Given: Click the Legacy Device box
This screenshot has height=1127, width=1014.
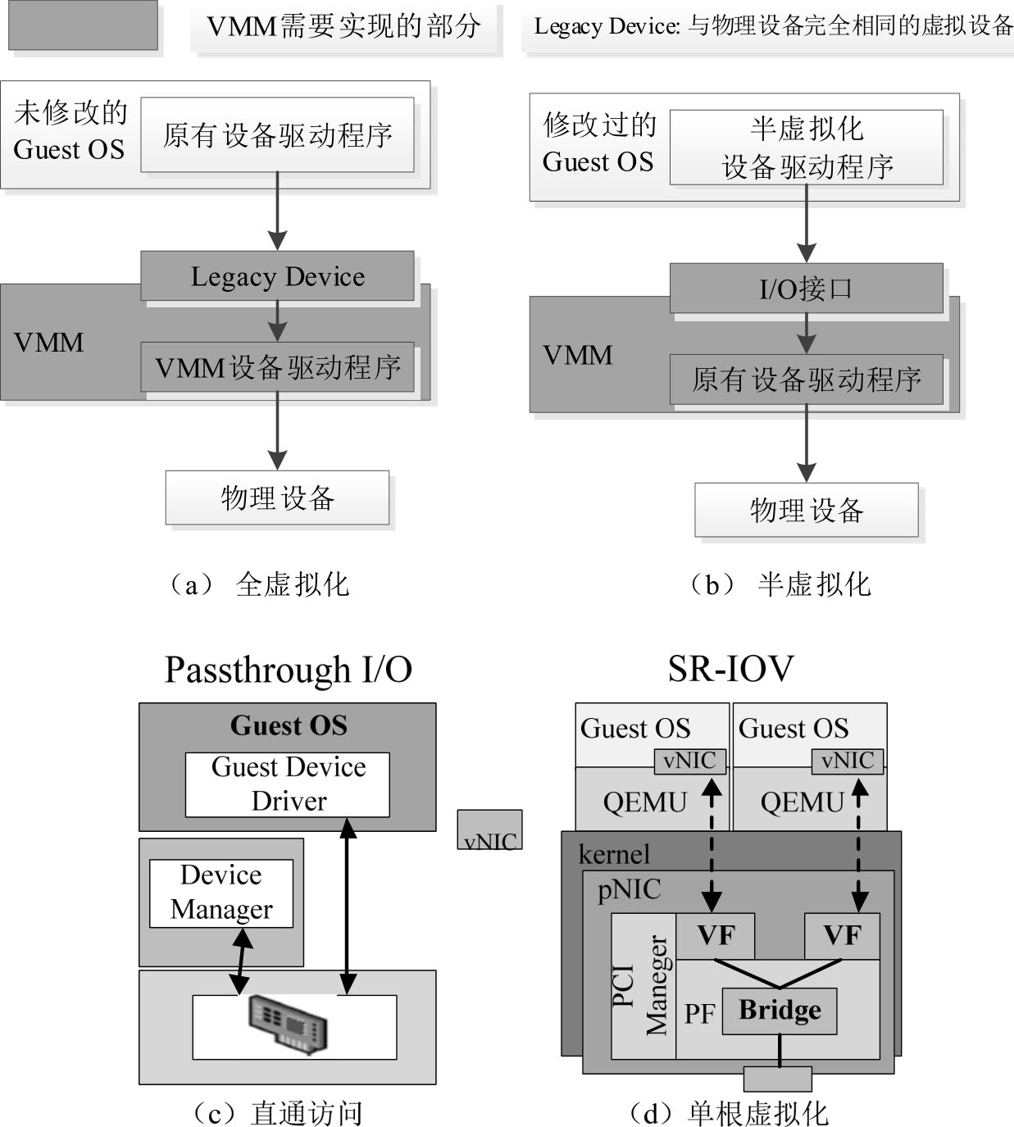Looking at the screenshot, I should [277, 276].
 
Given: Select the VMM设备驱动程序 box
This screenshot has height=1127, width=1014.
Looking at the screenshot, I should [277, 367].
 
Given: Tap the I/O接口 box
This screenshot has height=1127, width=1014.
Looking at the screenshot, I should [806, 289].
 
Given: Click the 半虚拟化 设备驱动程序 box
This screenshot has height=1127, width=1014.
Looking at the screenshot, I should [806, 148].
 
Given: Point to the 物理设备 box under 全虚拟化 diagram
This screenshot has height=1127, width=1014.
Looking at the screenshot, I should [277, 498].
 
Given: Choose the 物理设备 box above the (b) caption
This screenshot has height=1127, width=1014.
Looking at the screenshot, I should [806, 510].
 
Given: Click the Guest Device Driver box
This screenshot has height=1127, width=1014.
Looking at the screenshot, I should [288, 784].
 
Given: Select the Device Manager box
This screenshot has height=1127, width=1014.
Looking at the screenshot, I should [221, 893].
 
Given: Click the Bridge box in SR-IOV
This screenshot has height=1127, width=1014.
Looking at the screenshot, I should [779, 1011].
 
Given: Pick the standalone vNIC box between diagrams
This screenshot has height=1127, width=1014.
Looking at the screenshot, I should [489, 830].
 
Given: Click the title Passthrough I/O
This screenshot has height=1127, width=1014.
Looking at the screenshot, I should [288, 670].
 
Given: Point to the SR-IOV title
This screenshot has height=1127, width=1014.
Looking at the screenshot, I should [730, 669].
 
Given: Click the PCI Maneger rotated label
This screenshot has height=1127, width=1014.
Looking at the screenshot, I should [643, 985].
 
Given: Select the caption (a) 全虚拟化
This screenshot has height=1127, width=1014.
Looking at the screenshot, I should [259, 584].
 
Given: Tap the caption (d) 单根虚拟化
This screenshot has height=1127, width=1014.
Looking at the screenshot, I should [729, 1113].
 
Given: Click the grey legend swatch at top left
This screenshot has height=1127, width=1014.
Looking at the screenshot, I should [83, 25].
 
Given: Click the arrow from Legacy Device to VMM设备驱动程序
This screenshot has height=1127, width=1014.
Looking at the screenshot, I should [277, 320].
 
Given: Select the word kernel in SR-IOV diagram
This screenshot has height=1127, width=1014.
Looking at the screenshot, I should [614, 854].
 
